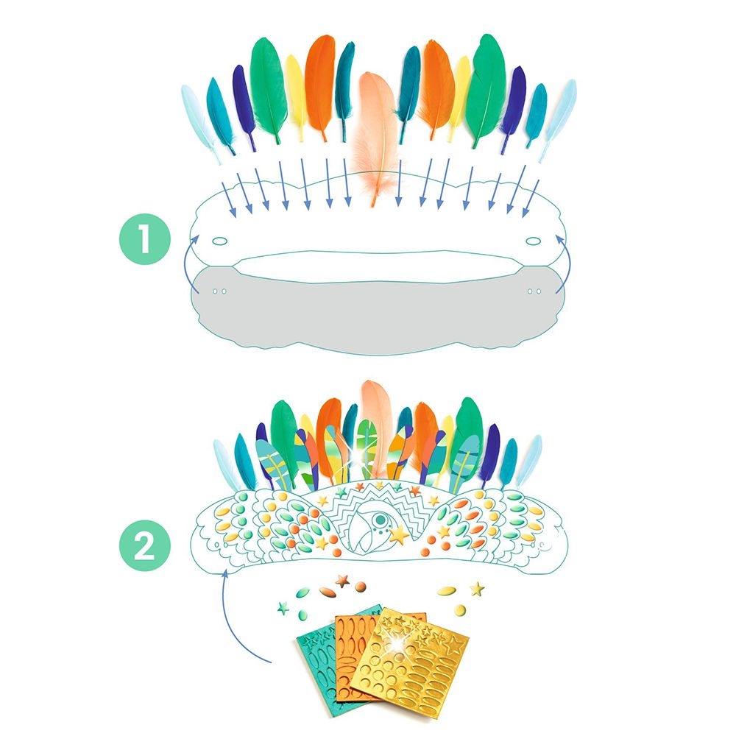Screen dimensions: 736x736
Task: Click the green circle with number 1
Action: (x=144, y=239)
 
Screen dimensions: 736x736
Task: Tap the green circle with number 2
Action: (x=144, y=545)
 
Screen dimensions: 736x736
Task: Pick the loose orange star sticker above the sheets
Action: (x=342, y=582)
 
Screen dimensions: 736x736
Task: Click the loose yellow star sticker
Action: (x=478, y=589)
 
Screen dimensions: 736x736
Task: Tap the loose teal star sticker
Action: (x=283, y=609)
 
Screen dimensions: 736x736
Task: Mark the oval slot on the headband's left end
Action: (x=219, y=241)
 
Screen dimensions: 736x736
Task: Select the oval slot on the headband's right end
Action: (x=533, y=241)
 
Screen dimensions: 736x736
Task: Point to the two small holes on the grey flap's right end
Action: (x=534, y=291)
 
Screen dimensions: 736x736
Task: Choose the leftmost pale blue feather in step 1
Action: (x=199, y=123)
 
